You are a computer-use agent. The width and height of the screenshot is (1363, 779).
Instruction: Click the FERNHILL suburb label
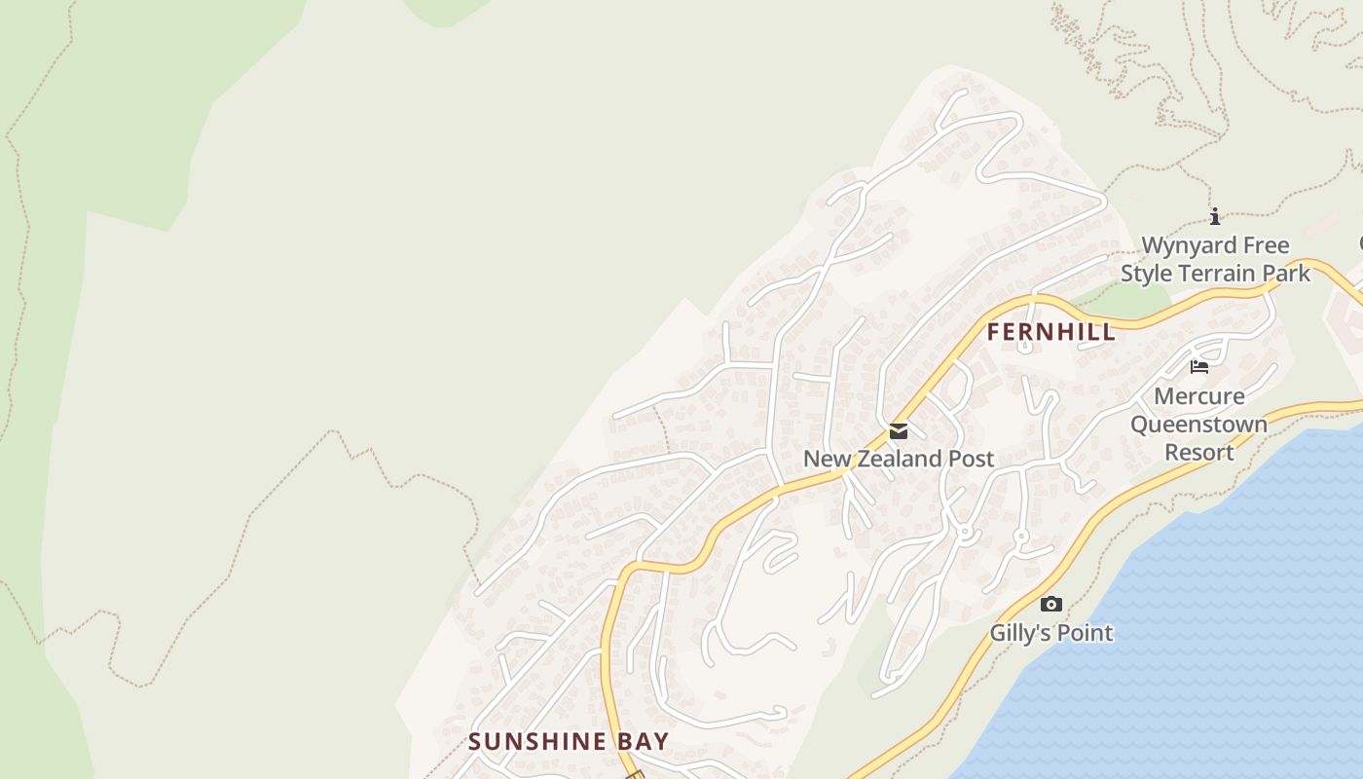[x=1050, y=332]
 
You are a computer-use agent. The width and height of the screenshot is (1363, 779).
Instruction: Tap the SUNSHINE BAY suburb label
[x=569, y=741]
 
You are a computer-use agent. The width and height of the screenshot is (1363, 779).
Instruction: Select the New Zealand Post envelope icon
[x=899, y=431]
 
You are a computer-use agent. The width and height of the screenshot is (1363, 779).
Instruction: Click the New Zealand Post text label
[x=899, y=459]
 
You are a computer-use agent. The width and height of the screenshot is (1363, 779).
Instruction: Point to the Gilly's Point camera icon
[x=1051, y=605]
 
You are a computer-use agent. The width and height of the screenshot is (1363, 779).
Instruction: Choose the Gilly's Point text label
[x=1051, y=633]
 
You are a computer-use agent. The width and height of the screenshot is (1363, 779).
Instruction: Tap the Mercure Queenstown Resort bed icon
[x=1199, y=367]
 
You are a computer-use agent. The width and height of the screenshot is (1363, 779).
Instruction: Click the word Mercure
[x=1199, y=396]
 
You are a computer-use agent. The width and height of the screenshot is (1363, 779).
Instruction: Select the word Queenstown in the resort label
[x=1199, y=425]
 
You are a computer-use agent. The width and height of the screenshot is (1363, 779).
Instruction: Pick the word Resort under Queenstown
[x=1199, y=453]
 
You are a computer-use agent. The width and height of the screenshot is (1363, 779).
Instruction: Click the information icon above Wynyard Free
[x=1215, y=216]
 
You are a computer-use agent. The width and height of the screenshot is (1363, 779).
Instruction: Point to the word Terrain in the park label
[x=1217, y=274]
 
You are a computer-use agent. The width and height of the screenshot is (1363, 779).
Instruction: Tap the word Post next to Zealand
[x=970, y=459]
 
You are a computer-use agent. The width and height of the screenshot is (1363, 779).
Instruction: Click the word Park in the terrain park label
[x=1287, y=274]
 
